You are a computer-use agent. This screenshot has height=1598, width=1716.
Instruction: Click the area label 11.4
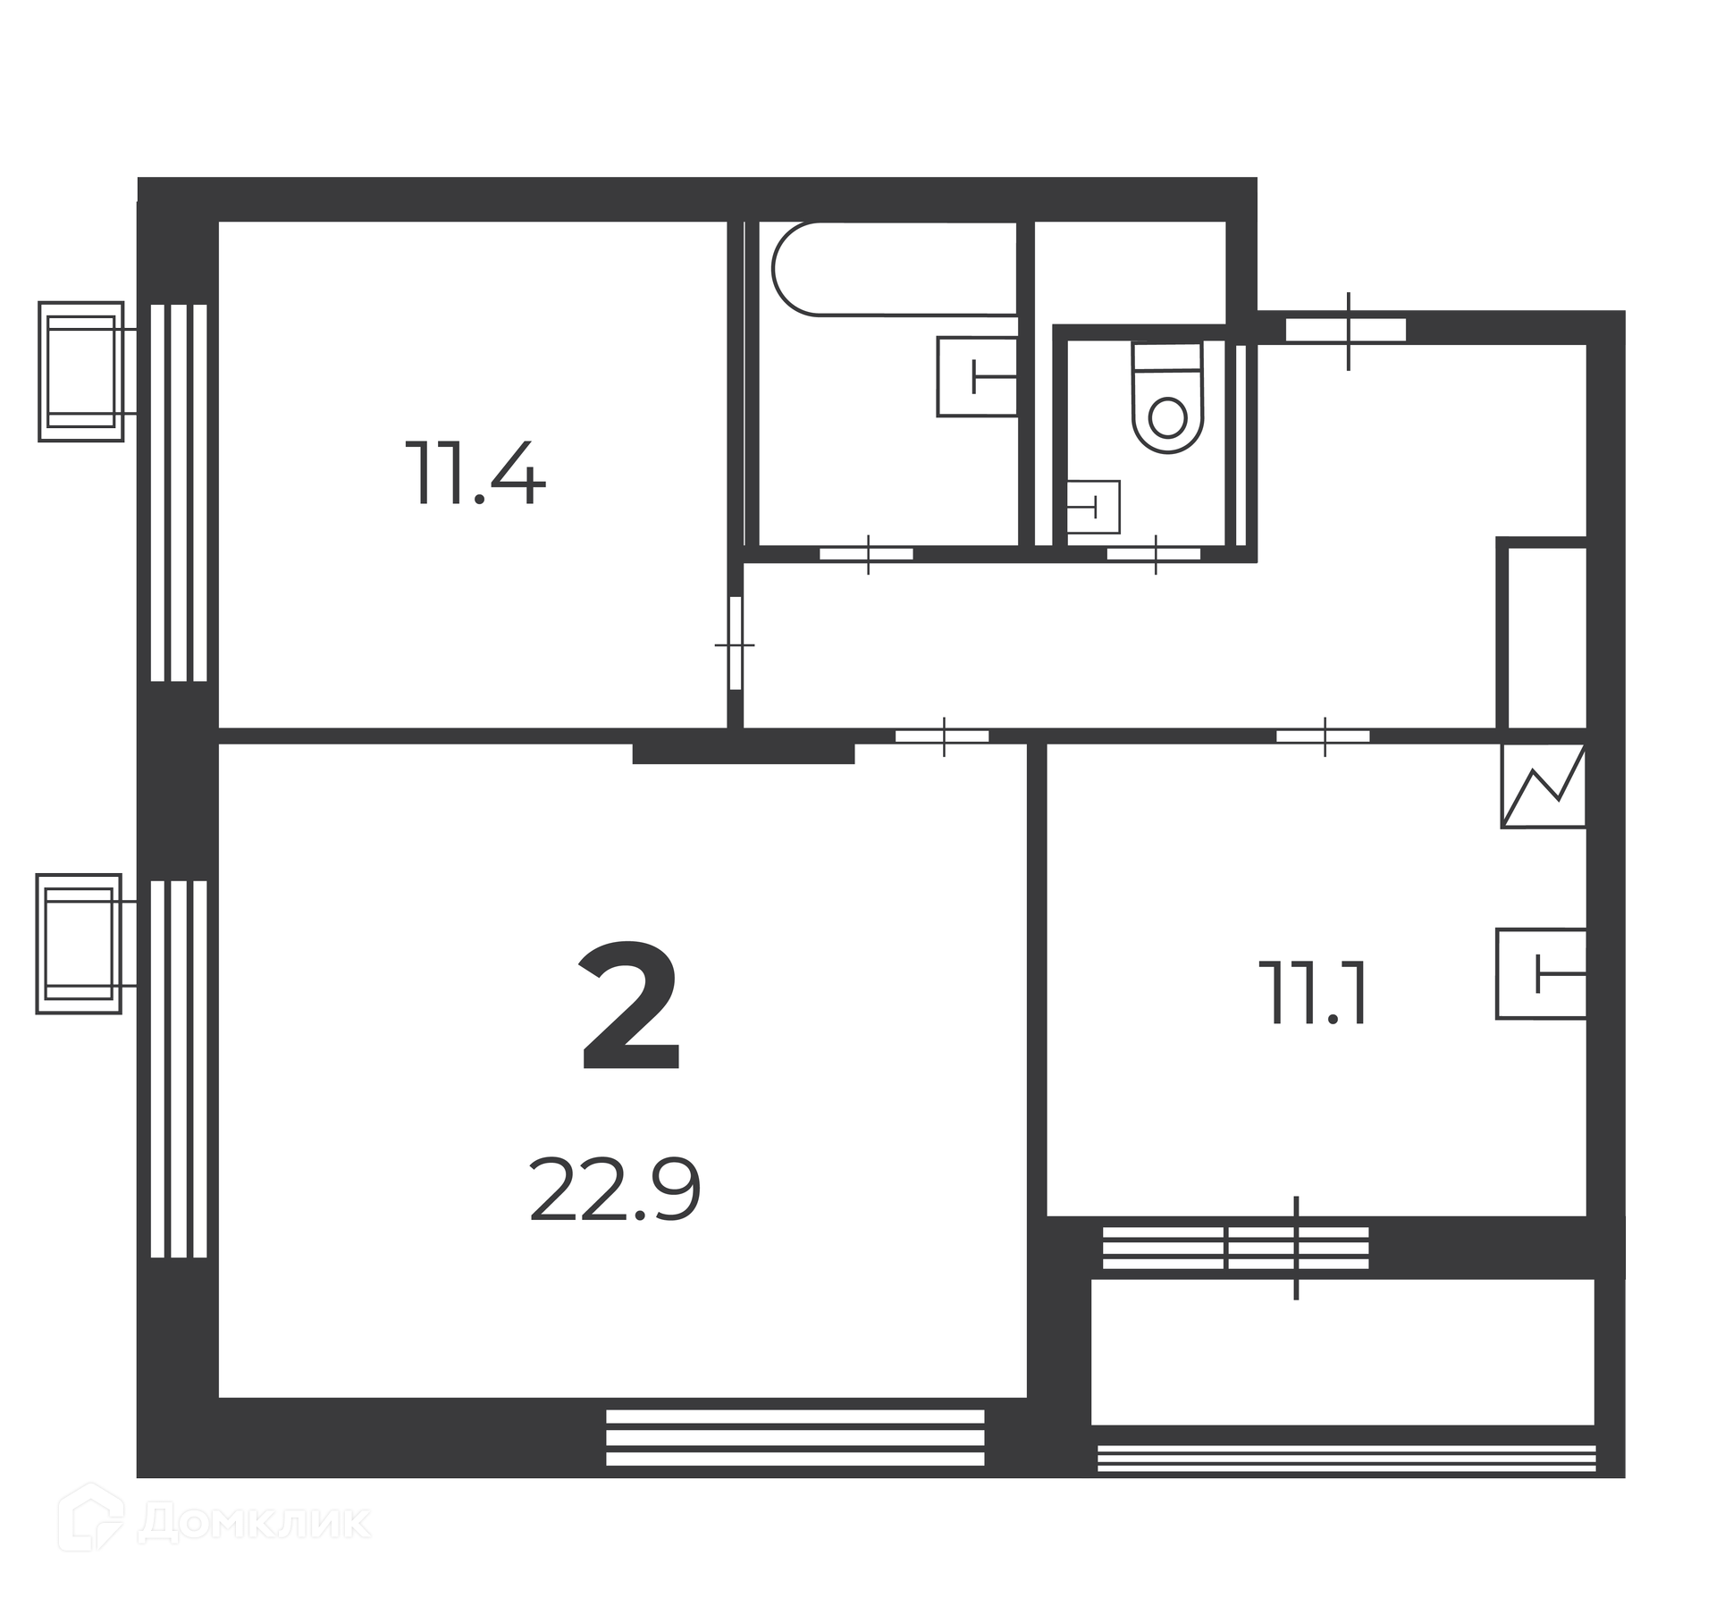click(x=475, y=474)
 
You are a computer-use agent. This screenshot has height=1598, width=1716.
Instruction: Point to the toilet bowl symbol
click(x=1167, y=398)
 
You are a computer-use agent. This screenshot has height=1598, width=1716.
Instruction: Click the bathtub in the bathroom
click(x=895, y=268)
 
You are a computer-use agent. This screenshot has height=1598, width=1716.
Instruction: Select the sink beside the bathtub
click(x=978, y=376)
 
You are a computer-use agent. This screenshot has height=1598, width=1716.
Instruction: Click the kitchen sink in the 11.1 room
click(x=1541, y=973)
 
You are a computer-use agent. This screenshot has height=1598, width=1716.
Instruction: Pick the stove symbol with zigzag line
click(x=1544, y=786)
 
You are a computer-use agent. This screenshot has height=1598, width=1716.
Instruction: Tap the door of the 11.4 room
click(x=736, y=643)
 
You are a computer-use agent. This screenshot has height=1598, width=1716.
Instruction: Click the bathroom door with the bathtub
click(x=867, y=554)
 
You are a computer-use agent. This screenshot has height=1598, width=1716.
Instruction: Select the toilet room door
click(x=1155, y=554)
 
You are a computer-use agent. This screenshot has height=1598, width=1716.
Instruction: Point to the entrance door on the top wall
click(x=1347, y=331)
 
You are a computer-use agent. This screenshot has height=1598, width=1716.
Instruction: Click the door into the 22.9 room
click(x=943, y=736)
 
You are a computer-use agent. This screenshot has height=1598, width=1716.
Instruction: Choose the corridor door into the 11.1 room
click(x=1324, y=736)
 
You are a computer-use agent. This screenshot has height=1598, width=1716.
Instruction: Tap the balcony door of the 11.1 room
click(x=1296, y=1248)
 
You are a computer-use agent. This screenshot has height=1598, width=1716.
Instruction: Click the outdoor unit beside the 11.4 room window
click(x=80, y=371)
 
